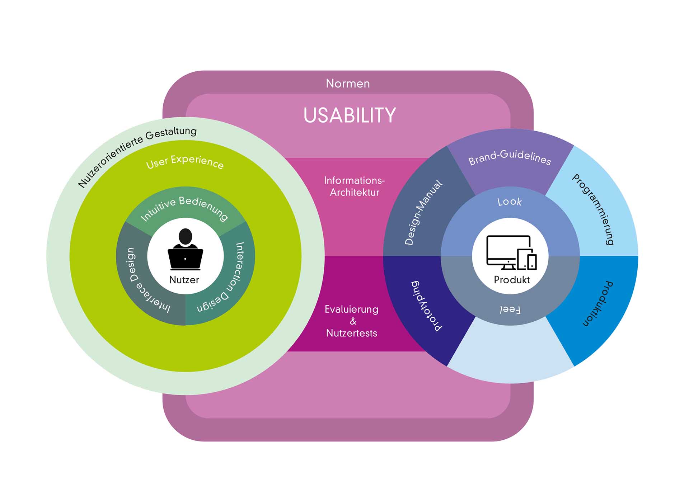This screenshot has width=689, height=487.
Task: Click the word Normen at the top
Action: (347, 84)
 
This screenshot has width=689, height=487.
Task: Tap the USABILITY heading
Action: (350, 115)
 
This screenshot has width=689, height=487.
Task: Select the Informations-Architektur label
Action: (354, 186)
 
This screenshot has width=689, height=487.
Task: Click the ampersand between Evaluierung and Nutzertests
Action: (353, 321)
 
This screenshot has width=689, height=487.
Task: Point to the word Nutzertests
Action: (351, 333)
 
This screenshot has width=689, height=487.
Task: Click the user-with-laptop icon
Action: (185, 250)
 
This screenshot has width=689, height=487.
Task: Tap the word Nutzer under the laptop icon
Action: (184, 280)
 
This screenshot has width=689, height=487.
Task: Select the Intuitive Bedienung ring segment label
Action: (184, 208)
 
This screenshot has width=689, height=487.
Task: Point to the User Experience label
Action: (185, 162)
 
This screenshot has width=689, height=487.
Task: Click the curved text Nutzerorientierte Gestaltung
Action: (137, 154)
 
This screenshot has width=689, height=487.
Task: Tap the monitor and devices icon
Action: (511, 252)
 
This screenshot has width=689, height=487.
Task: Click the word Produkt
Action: (512, 280)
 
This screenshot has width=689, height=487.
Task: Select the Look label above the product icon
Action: (510, 202)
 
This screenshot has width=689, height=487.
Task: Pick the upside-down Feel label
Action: (510, 309)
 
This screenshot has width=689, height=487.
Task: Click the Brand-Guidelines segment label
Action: (510, 157)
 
